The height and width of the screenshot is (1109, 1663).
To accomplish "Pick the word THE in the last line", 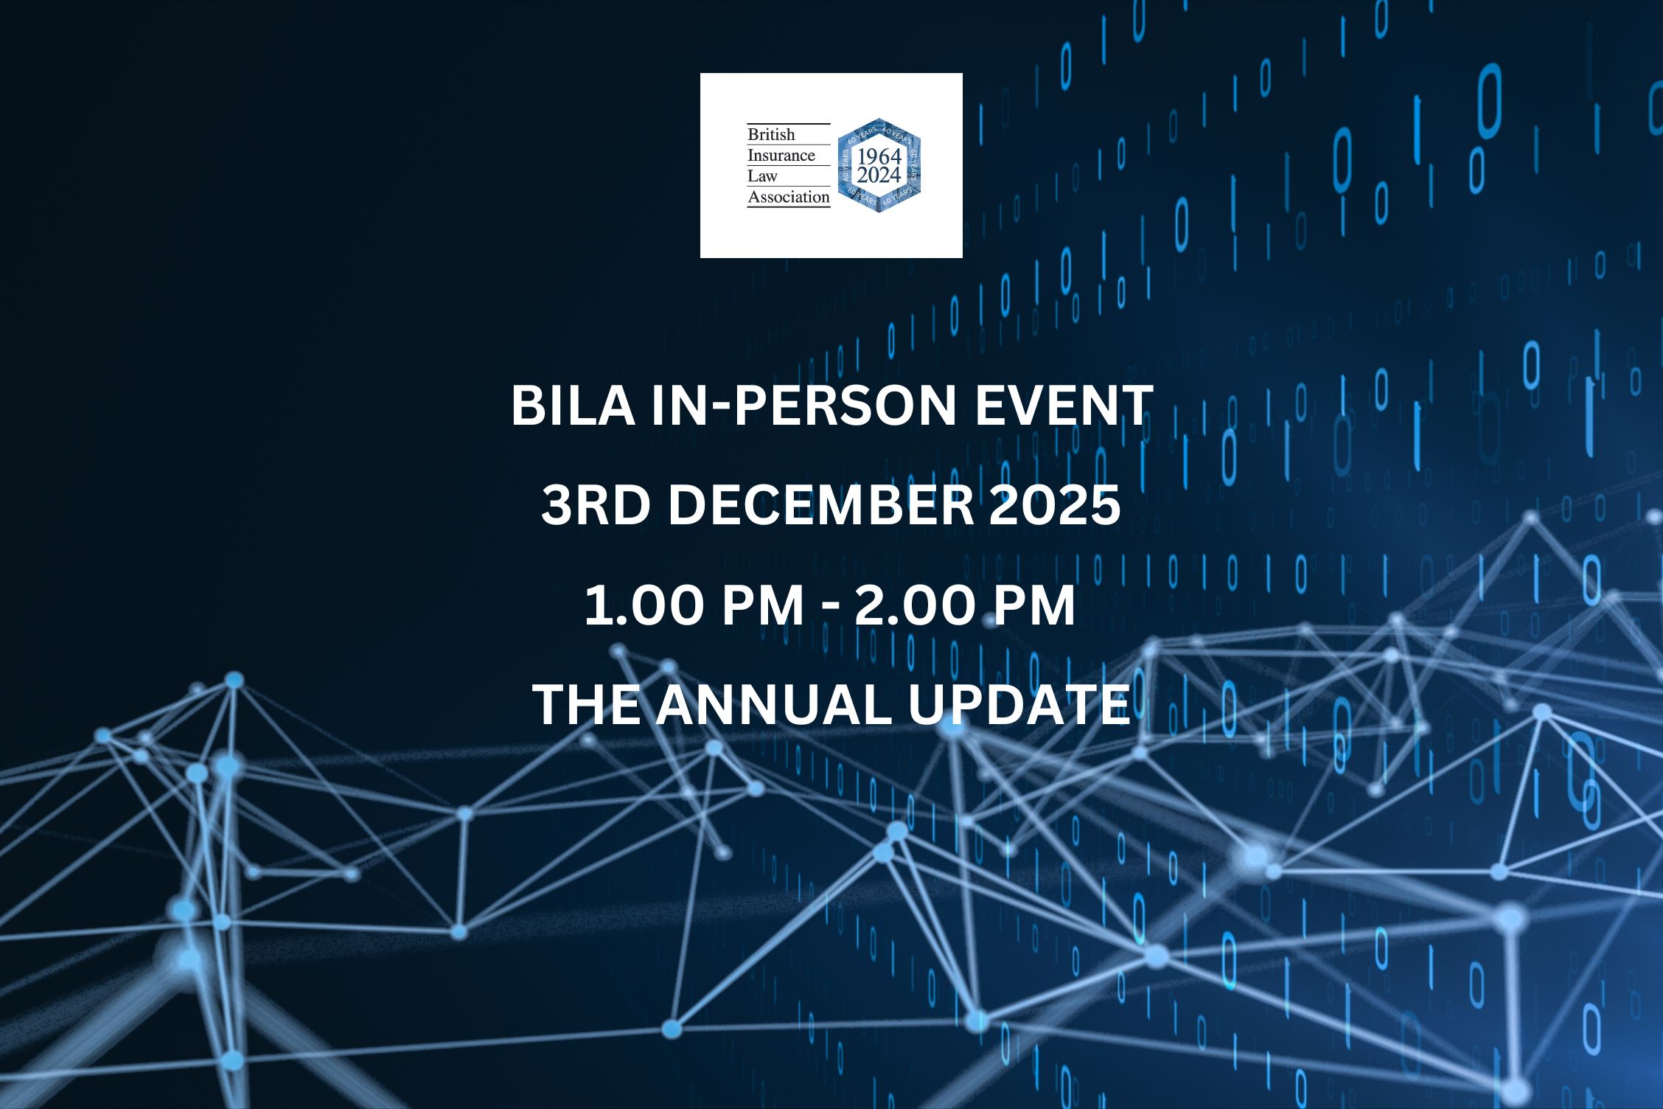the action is [586, 704].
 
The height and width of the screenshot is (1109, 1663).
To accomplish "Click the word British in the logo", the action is [771, 134].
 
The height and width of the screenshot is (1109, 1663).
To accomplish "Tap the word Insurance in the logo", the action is [781, 155].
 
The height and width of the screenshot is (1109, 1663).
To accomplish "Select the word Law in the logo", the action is [762, 175].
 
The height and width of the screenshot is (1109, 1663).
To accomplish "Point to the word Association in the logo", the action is [789, 196].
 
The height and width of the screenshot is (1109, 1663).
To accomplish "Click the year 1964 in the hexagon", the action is [879, 156].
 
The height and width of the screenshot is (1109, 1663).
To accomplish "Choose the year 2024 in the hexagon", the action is [879, 175].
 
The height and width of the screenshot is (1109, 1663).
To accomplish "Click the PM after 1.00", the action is [762, 605].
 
